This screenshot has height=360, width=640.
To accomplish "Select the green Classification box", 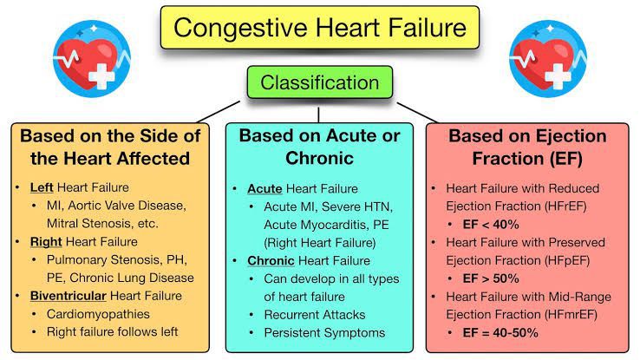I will (x=320, y=83).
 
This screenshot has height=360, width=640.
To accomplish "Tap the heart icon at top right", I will (x=548, y=55).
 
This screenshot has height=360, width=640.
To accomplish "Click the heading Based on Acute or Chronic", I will (x=319, y=147).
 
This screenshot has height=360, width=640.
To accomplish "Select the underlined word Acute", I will (x=264, y=187).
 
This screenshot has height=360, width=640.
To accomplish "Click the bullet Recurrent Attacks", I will (x=315, y=314).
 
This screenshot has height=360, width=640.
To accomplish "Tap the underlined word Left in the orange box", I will (x=41, y=187).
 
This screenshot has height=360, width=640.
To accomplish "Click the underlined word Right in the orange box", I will (x=45, y=241).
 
